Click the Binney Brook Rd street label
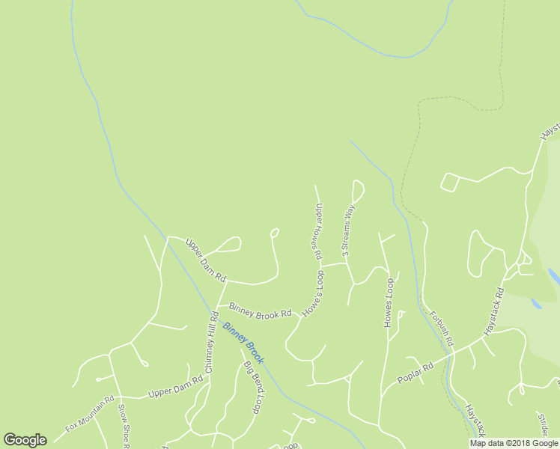point(260,311)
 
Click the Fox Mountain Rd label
point(89,413)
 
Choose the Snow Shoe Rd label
point(125,427)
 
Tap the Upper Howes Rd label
point(318,232)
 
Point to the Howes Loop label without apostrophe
point(389,302)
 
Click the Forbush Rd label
point(442,327)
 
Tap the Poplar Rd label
point(416,373)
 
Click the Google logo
point(25,440)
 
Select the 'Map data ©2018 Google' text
point(514,443)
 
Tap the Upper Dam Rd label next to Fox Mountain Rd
point(176,387)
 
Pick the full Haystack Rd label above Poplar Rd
point(494,311)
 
